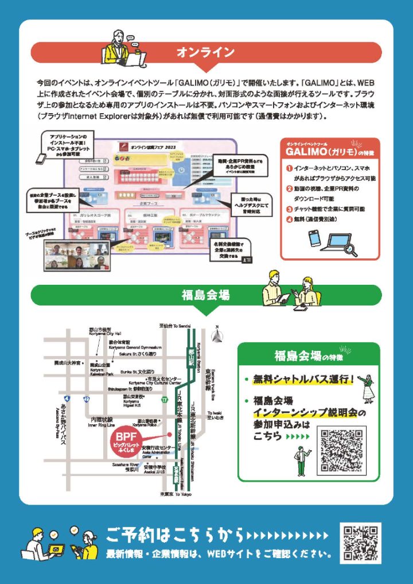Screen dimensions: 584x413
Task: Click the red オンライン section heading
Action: coord(206,52)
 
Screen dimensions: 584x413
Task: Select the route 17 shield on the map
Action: coord(165,400)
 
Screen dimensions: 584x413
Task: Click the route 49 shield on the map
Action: coord(87,399)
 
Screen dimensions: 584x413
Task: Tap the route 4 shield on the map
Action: coord(67,399)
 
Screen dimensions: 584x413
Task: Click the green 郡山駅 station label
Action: coord(190,351)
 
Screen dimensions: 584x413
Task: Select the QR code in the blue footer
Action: coord(361,543)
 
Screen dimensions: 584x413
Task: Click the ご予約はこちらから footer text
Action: coord(176,535)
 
